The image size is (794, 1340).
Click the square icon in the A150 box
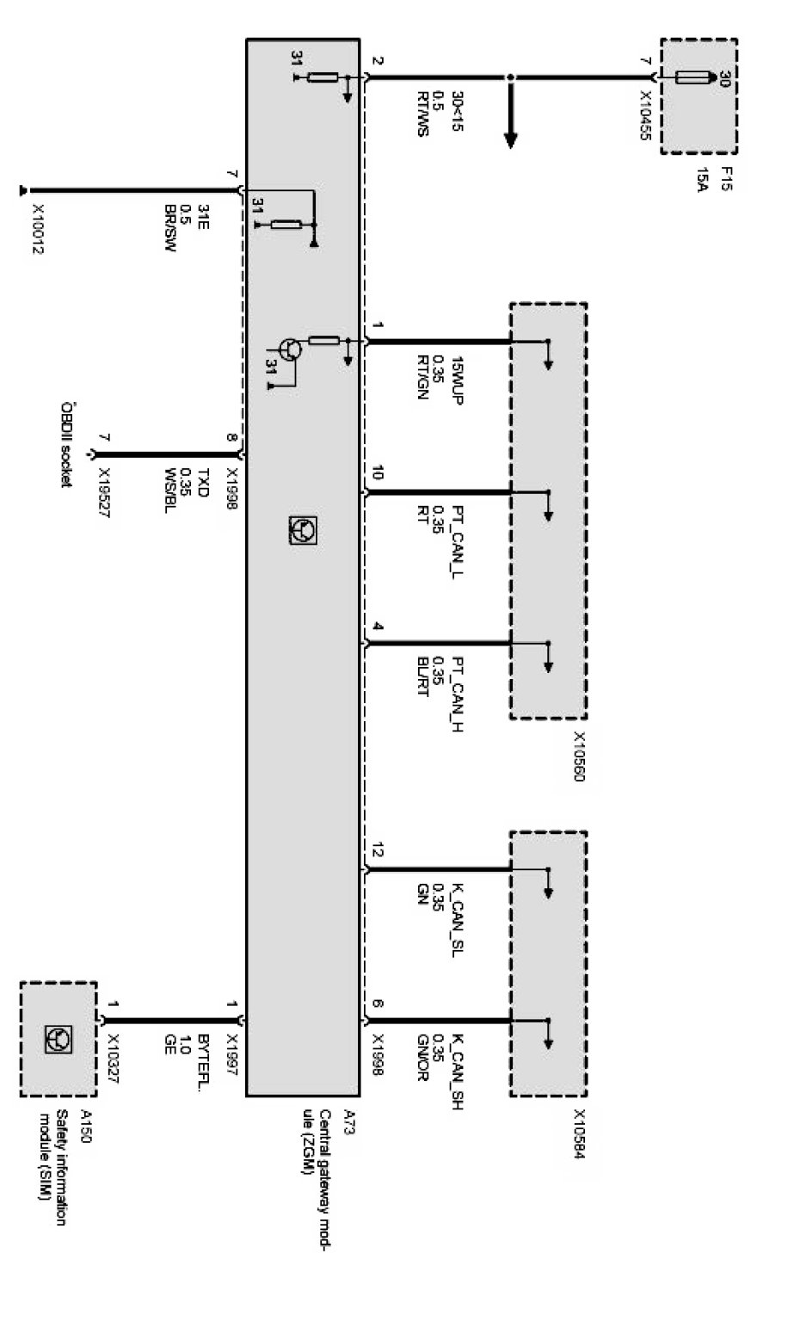(x=58, y=1040)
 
